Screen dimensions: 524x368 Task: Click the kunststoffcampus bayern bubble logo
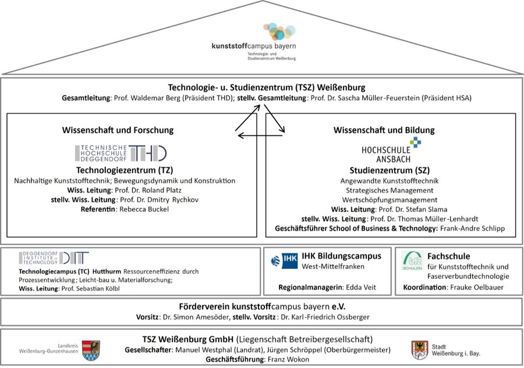coord(279,31)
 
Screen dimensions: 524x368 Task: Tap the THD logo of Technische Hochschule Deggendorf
coord(121,153)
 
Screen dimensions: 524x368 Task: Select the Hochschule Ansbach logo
coord(391,150)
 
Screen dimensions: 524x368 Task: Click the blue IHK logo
coord(284,261)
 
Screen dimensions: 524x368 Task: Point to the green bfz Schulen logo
coord(412,260)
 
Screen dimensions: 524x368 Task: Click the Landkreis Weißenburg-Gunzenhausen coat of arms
coord(91,351)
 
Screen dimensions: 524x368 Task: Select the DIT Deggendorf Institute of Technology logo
coord(54,258)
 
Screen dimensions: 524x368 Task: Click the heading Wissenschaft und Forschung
coord(118,130)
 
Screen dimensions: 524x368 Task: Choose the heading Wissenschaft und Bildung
coord(384,130)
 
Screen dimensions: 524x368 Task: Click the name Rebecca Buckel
coord(144,209)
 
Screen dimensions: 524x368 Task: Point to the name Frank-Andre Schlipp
coord(472,228)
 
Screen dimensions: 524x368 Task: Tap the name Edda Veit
coord(360,287)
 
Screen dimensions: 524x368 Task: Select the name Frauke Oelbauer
coord(477,287)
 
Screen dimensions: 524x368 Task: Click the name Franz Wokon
coord(288,359)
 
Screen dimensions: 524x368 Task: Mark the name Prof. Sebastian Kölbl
coord(91,288)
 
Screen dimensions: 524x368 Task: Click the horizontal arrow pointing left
coord(261,135)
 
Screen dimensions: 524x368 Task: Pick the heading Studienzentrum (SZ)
coord(390,171)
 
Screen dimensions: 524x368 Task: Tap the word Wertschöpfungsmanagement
coord(390,200)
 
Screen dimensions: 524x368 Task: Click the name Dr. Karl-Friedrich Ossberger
coord(325,317)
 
